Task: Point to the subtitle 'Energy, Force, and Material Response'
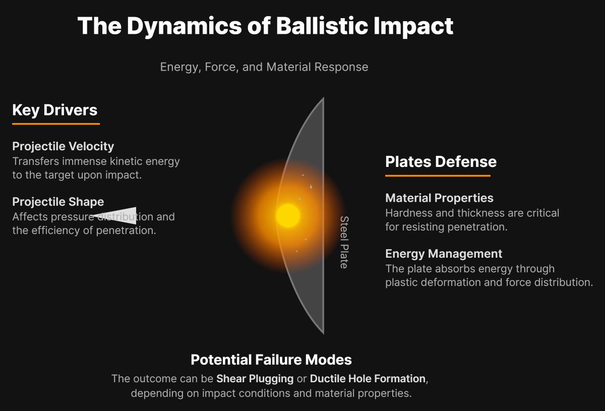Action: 264,67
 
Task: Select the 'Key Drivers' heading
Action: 55,110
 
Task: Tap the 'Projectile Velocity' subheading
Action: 63,146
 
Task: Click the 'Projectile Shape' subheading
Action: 58,202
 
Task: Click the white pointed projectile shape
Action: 118,215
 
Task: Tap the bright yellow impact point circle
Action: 288,216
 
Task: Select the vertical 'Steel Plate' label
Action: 344,242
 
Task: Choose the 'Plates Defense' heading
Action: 441,161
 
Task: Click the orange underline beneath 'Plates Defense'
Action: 438,175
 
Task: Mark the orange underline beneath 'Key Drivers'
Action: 56,124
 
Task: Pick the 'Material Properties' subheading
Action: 439,198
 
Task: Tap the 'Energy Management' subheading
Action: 444,254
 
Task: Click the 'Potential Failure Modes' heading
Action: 271,360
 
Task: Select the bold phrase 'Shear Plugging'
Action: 255,378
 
